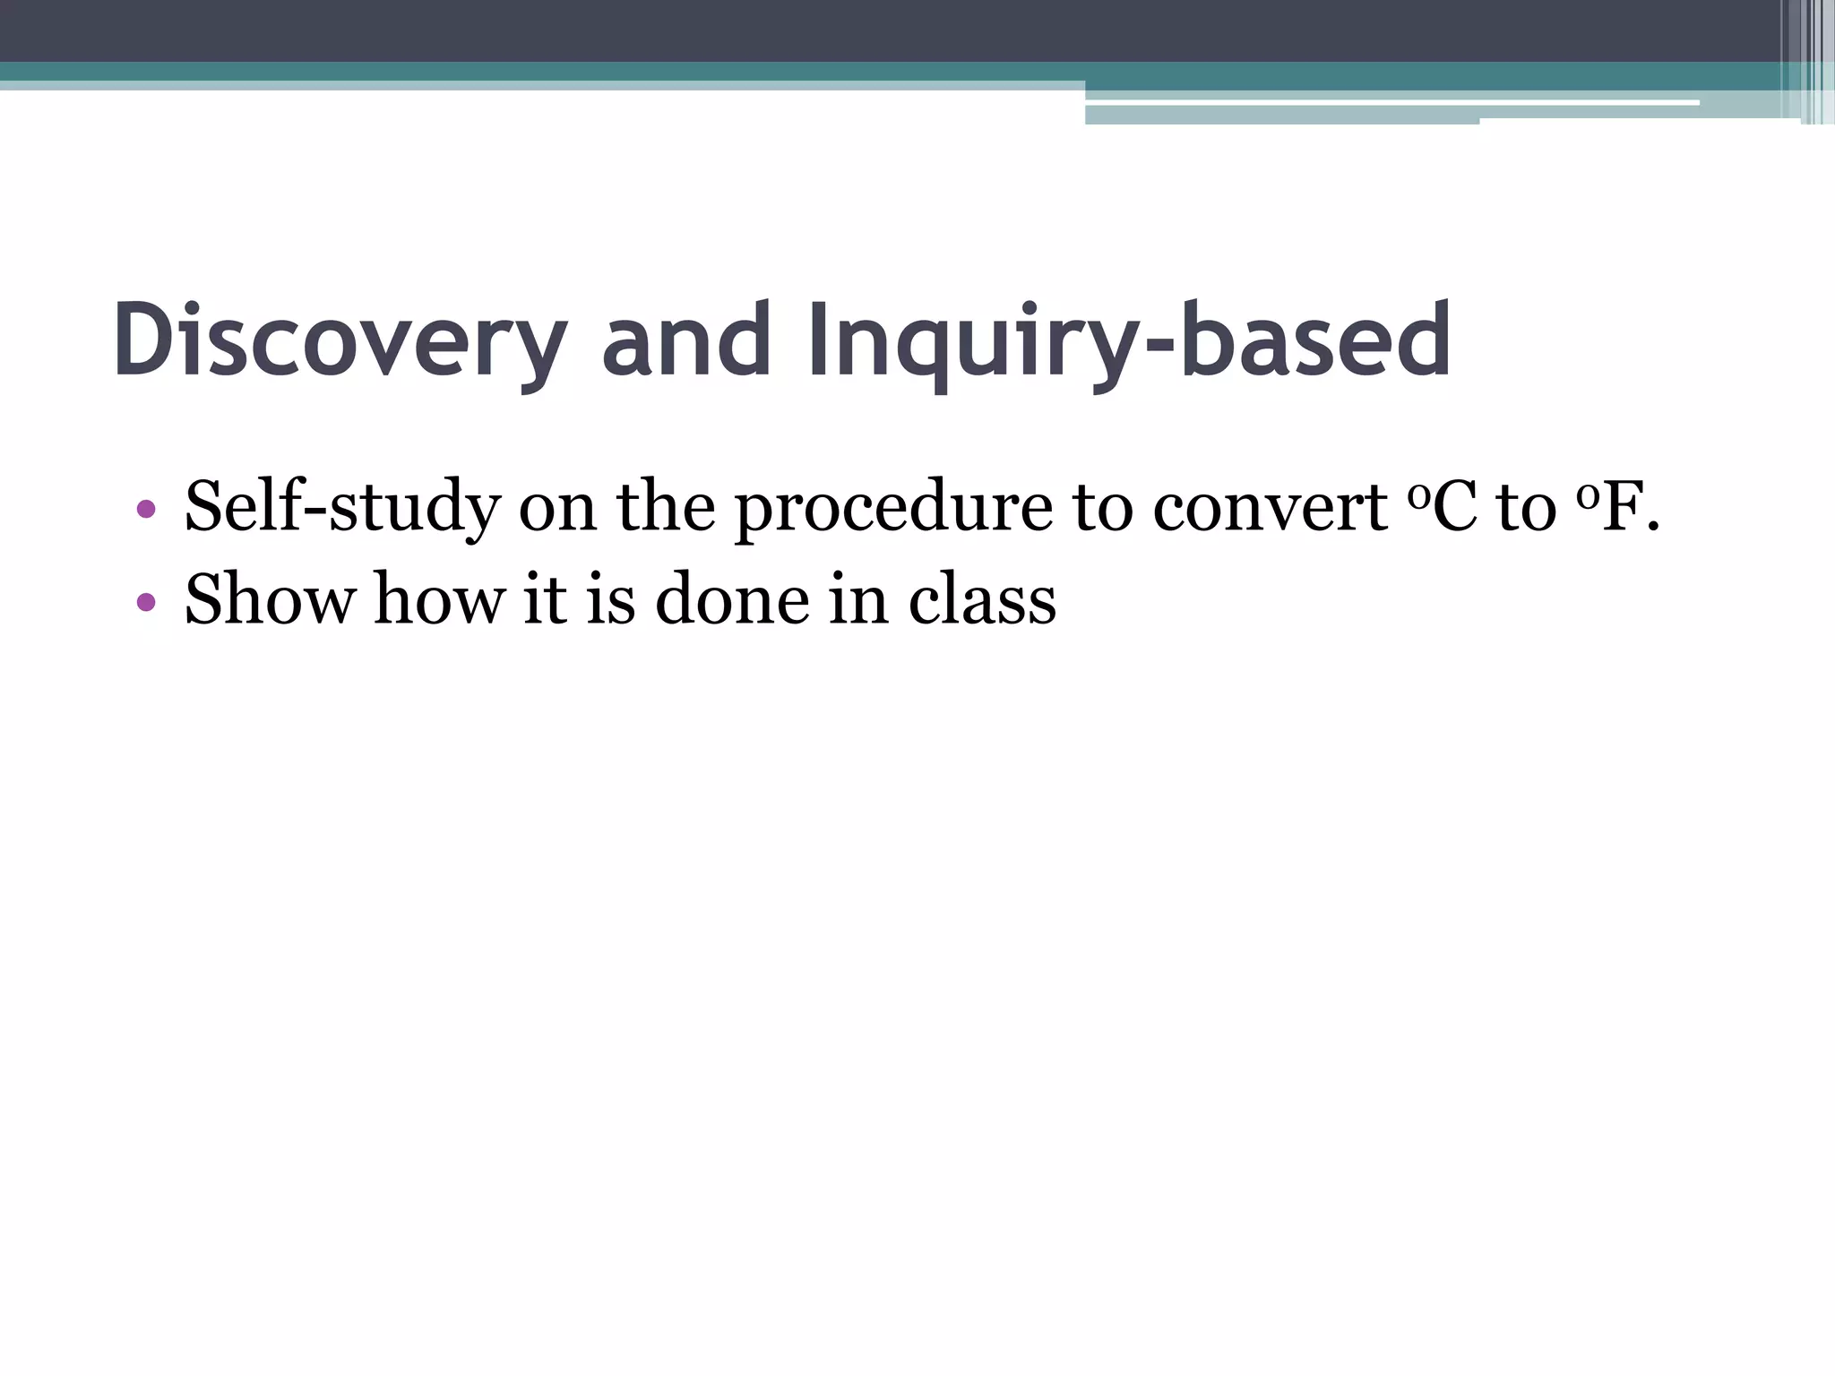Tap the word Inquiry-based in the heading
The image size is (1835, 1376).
click(x=1128, y=341)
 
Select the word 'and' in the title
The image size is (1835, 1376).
click(x=685, y=341)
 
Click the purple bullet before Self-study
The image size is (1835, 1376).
click(x=146, y=510)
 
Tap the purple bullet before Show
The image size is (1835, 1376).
click(x=146, y=601)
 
